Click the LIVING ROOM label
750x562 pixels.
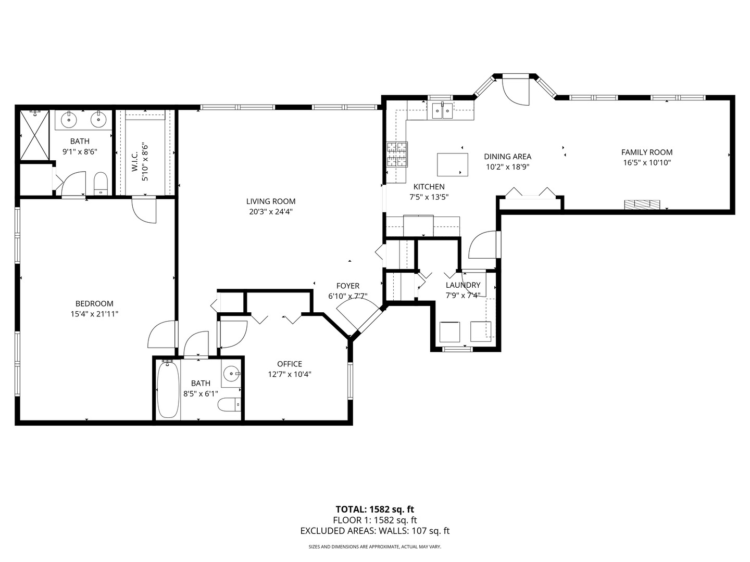coord(271,201)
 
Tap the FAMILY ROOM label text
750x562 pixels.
coord(646,152)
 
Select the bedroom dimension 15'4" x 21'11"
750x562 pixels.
coord(94,314)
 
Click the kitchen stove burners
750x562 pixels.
coord(397,155)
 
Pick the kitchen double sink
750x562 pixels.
coord(442,111)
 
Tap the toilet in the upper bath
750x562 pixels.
coord(100,184)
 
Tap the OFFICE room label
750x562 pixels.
coord(289,364)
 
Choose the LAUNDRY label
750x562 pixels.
coord(463,285)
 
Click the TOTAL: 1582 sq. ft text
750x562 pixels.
coord(374,509)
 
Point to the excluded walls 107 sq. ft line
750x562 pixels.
coord(374,531)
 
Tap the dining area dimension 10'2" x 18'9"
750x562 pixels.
coord(507,167)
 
